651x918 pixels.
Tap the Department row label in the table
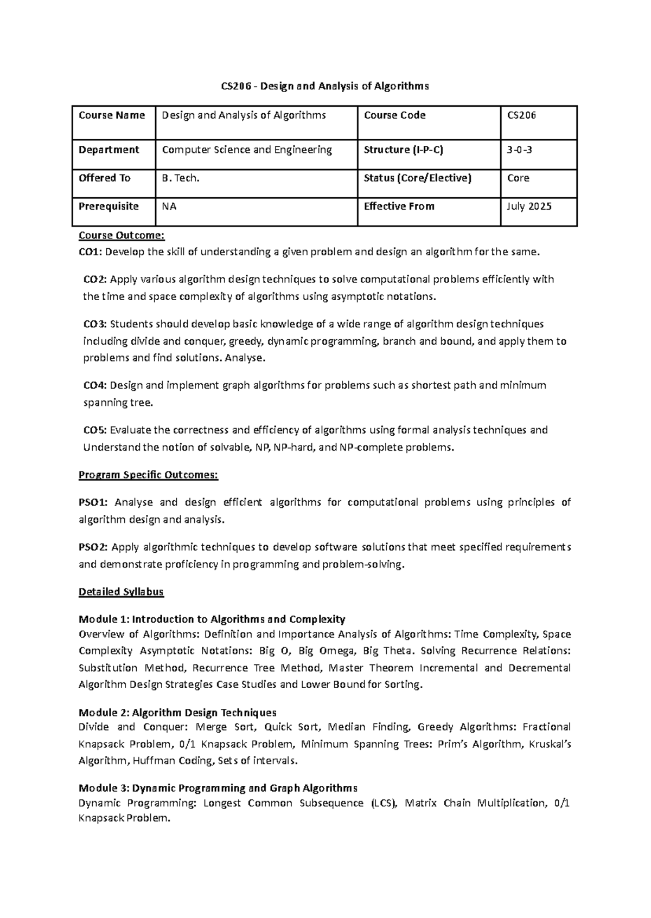coord(109,150)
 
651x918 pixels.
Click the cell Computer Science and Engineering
coord(247,150)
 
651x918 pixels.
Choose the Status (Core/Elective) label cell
coord(418,178)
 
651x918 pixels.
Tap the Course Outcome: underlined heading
coord(121,235)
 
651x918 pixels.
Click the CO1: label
coord(90,252)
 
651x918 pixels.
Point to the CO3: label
coord(95,324)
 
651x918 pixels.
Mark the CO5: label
coord(95,430)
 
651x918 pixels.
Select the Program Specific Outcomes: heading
coord(148,475)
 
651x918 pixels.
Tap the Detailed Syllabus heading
coord(121,592)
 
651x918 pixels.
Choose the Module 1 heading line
coord(212,619)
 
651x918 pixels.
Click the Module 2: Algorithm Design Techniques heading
coord(177,713)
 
